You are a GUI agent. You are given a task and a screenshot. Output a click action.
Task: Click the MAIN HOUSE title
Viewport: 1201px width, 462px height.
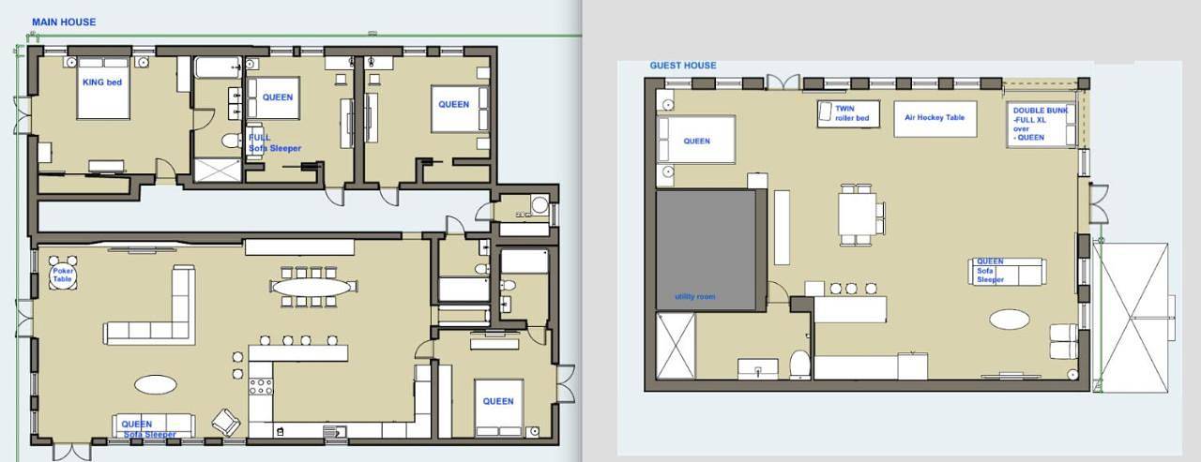click(64, 22)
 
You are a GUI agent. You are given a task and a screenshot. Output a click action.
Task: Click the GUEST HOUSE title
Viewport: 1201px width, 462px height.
click(683, 66)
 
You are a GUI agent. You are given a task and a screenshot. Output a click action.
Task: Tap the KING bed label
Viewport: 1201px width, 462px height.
click(102, 82)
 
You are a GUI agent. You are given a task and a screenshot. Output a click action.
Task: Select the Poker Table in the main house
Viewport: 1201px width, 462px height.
click(63, 275)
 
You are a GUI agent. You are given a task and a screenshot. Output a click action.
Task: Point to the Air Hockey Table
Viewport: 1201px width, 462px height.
click(935, 118)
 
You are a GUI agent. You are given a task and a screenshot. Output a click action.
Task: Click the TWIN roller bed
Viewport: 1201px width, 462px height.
click(849, 113)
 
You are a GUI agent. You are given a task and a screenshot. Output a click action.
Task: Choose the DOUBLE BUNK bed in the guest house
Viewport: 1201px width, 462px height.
click(1041, 125)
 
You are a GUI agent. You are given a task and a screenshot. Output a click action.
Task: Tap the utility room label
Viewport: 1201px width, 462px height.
click(695, 296)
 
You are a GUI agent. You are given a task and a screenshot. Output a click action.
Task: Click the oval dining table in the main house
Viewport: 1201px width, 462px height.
click(312, 287)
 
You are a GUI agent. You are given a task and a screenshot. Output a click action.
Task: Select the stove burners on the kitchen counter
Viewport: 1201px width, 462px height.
click(261, 386)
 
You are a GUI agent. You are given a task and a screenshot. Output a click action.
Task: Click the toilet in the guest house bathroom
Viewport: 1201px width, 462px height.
click(800, 365)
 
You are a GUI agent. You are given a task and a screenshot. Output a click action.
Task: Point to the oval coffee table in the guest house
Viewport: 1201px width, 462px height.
click(1009, 320)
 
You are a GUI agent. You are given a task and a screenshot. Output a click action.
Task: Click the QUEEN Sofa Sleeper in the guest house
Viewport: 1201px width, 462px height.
click(1008, 272)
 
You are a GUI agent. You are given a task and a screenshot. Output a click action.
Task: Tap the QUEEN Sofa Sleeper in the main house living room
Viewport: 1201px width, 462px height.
click(153, 425)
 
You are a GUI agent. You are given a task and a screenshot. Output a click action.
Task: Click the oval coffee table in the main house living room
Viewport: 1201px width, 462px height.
click(156, 384)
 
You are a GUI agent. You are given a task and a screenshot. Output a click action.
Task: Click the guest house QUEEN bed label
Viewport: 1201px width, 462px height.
click(696, 142)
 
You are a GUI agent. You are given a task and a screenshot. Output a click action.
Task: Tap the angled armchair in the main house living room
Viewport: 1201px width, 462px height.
click(226, 423)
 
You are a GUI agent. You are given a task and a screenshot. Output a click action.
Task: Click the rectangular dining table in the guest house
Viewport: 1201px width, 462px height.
click(858, 215)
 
